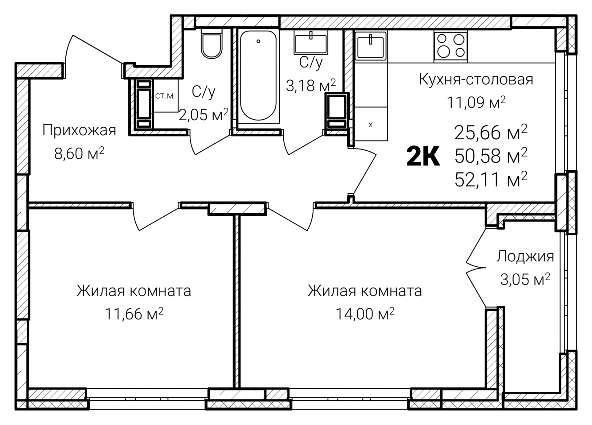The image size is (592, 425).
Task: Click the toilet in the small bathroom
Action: click(x=212, y=45)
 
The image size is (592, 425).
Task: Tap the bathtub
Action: click(x=258, y=76)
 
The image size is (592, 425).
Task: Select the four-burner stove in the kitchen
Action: click(x=451, y=46)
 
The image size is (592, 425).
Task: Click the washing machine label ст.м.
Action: click(x=165, y=96)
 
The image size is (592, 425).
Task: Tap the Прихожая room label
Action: click(x=79, y=130)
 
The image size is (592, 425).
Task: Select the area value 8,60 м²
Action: click(x=79, y=153)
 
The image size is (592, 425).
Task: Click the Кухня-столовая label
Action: click(x=476, y=80)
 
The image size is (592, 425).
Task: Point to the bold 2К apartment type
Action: click(x=423, y=157)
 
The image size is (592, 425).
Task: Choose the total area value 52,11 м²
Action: click(x=491, y=179)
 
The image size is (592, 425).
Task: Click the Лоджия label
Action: click(x=525, y=256)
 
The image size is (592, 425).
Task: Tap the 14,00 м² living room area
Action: click(x=365, y=314)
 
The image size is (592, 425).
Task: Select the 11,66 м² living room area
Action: click(x=134, y=314)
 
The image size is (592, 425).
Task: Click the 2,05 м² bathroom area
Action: click(x=204, y=115)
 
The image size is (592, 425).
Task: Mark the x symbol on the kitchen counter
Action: click(x=371, y=125)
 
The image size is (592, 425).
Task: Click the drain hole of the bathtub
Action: click(x=258, y=41)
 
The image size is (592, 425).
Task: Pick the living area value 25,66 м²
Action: click(x=491, y=133)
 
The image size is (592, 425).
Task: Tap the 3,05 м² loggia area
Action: click(x=525, y=280)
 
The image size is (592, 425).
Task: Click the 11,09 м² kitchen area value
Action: click(x=476, y=102)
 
